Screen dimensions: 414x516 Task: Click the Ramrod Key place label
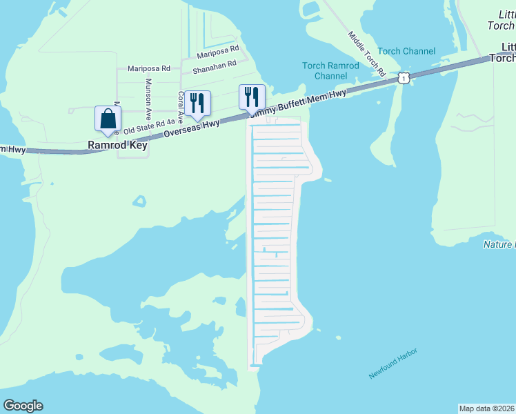[x=116, y=146]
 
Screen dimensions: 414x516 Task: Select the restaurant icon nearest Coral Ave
[x=197, y=103]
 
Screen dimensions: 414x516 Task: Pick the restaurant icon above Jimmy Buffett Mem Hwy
[x=252, y=97]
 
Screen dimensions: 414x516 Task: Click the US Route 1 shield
[x=404, y=79]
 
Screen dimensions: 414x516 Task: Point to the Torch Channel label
[x=406, y=51]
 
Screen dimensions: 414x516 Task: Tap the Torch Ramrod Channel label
[x=330, y=70]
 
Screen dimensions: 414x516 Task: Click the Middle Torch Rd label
[x=366, y=53]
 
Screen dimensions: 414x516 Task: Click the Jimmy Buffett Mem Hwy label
[x=298, y=102]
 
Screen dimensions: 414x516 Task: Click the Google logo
[x=23, y=406]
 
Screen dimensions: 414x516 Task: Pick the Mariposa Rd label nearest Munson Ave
[x=148, y=68]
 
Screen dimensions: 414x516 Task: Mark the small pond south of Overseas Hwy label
[x=140, y=201]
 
